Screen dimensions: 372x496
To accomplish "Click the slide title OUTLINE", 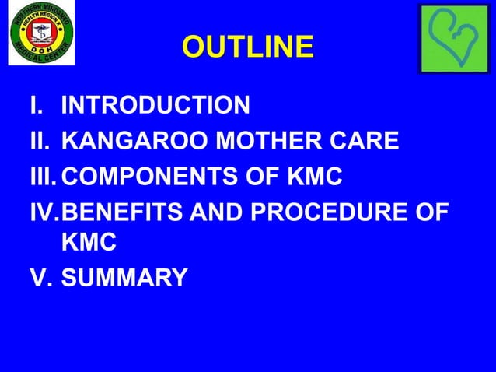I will coord(248,47).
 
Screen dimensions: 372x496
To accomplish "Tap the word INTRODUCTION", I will coord(155,105).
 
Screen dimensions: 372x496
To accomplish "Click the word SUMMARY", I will coord(124,278).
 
